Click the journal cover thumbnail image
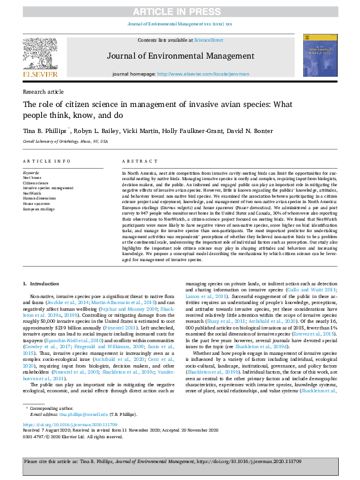coord(319,57)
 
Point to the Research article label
coord(43,91)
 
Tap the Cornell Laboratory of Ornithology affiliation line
coord(65,141)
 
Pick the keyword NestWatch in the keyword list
coord(33,192)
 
